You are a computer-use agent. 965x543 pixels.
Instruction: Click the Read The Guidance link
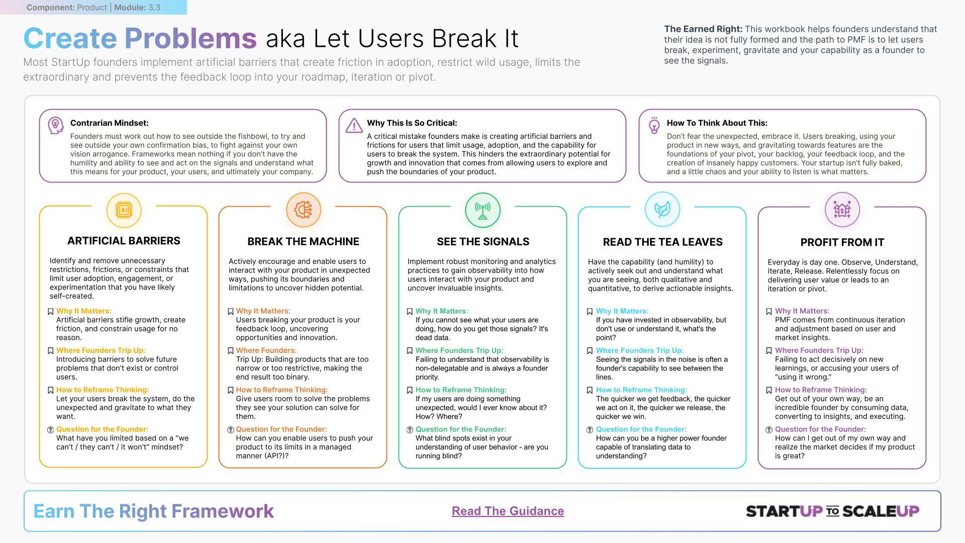point(508,511)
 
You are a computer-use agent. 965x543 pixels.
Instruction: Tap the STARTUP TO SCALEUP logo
point(832,511)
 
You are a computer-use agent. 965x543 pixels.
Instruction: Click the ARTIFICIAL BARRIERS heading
point(124,241)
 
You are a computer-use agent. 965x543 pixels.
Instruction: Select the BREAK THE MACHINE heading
point(303,241)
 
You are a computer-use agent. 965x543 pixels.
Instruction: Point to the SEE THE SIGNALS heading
point(482,241)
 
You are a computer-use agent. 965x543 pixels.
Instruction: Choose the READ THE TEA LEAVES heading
point(662,242)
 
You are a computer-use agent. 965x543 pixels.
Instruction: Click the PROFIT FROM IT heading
point(842,242)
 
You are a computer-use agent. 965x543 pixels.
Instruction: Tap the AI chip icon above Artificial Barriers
point(124,210)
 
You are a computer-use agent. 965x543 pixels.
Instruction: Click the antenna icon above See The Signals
point(482,210)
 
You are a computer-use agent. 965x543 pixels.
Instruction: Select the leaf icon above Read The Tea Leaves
point(662,209)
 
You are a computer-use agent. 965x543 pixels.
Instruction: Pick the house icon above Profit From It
point(842,209)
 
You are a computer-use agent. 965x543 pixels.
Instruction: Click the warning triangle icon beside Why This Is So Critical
point(354,125)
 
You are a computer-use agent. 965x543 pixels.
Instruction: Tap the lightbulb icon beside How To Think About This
point(654,126)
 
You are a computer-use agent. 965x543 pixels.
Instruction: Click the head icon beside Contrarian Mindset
point(55,125)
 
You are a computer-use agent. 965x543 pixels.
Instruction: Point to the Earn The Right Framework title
point(153,511)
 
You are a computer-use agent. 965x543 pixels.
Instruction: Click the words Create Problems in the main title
point(140,38)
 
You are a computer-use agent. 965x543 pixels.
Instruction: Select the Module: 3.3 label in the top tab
point(137,8)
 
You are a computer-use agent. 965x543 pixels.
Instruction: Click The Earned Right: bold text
point(703,29)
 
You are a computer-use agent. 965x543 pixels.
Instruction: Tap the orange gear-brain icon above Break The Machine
point(303,210)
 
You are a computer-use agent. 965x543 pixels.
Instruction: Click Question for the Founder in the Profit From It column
point(820,429)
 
